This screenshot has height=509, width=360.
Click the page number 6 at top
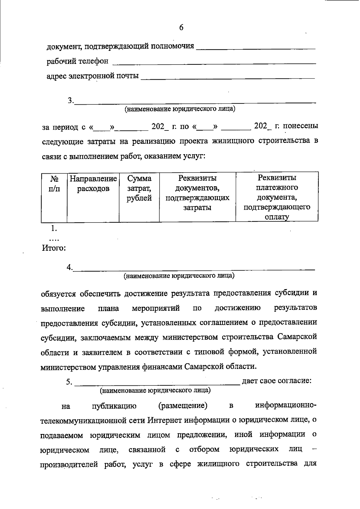(x=181, y=28)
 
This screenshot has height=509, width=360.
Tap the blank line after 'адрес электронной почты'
(x=228, y=78)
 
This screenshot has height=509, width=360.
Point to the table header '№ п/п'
(x=54, y=184)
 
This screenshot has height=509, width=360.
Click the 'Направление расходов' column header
(x=93, y=184)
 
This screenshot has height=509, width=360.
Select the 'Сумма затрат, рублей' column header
(x=139, y=188)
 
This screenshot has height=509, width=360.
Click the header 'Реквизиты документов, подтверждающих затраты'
(x=197, y=193)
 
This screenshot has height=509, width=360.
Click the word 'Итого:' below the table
(x=54, y=248)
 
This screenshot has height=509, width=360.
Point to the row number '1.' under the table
(x=54, y=229)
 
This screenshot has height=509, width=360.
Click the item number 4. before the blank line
(x=70, y=267)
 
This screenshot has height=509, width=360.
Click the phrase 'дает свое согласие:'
(x=277, y=381)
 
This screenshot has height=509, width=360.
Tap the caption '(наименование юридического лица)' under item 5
(x=155, y=391)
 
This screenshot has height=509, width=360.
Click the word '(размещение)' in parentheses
(x=183, y=406)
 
